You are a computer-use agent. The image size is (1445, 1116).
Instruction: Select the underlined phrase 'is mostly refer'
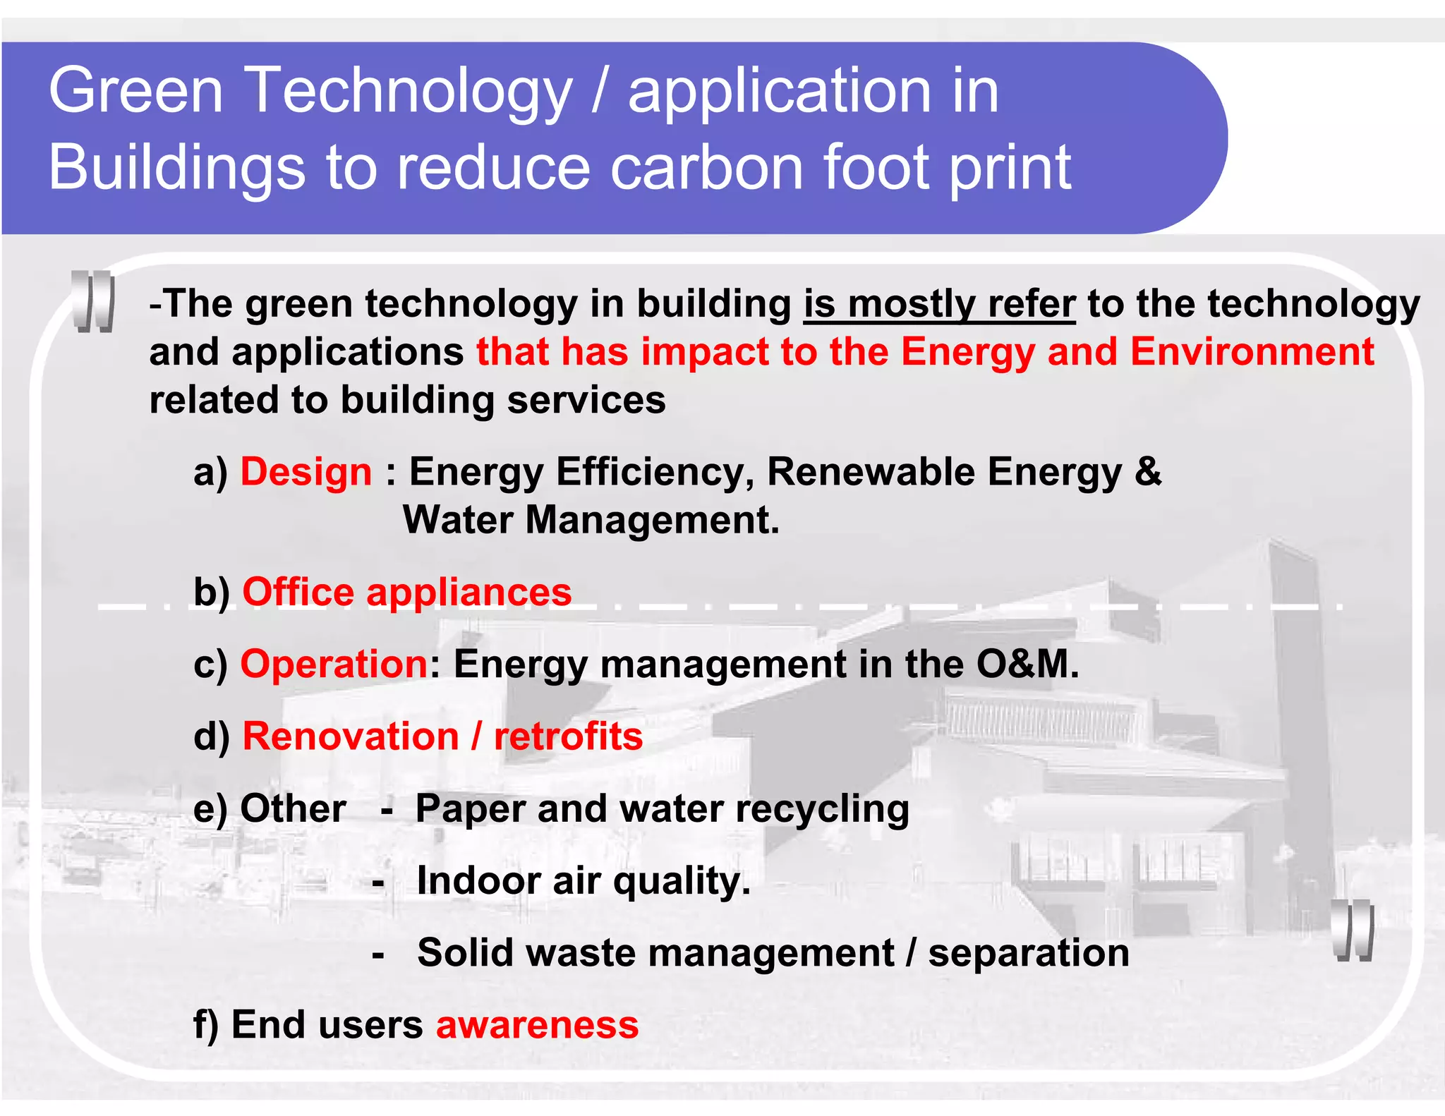click(939, 305)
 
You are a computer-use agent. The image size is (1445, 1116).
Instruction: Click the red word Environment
click(1252, 351)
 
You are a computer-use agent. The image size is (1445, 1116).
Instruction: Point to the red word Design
click(306, 472)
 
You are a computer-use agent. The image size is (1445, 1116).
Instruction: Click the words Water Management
click(591, 520)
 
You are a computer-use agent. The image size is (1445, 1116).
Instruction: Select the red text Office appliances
click(406, 592)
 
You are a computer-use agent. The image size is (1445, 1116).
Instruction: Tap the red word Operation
click(334, 664)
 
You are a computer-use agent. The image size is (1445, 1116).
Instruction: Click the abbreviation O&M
click(1027, 664)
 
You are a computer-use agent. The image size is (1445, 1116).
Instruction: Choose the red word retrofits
click(568, 736)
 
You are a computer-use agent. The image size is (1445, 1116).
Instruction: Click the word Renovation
click(351, 736)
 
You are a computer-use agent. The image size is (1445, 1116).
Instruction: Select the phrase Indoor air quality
click(584, 881)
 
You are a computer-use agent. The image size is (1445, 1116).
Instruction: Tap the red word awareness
click(537, 1025)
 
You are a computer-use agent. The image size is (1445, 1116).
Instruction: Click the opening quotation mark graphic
click(93, 301)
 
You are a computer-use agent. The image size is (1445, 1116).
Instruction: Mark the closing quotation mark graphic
click(1353, 930)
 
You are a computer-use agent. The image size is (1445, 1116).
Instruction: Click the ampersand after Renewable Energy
click(1148, 472)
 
